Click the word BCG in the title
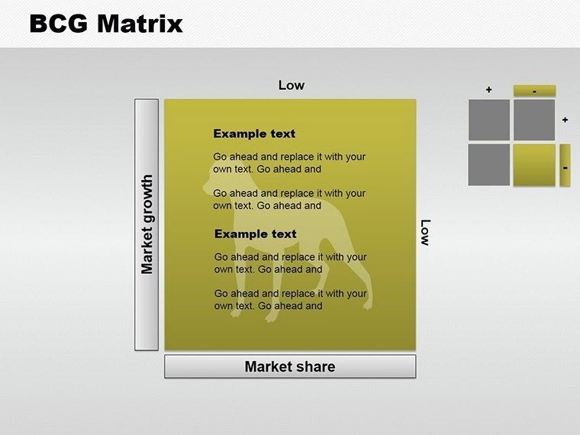coord(60,24)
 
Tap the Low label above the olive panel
coord(291,85)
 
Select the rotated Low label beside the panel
coord(425,233)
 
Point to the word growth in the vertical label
coord(147,200)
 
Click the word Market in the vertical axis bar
coord(147,250)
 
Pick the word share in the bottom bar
coord(316,366)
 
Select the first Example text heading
coord(254,134)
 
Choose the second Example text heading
coord(255,234)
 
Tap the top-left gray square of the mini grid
coord(488,121)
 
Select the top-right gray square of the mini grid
coord(534,121)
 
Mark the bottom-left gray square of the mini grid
coord(488,165)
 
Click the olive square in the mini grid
coord(534,166)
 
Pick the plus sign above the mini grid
coord(488,90)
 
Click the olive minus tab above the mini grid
coord(534,91)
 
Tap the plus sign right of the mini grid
coord(565,120)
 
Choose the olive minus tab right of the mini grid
coord(565,166)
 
